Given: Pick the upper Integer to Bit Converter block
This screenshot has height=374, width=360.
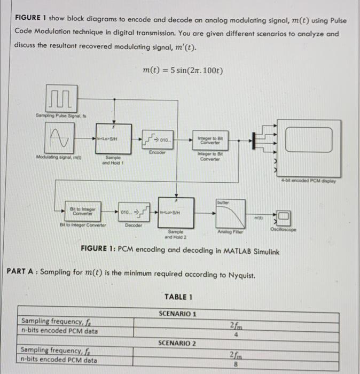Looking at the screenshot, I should point(209,140).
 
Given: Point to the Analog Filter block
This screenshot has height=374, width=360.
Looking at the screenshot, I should point(231,214).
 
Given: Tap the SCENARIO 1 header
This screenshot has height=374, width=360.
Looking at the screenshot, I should point(177,314).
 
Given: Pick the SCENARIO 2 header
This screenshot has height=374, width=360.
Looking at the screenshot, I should point(177,342).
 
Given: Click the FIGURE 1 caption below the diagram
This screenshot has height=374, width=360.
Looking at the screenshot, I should point(179,250).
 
